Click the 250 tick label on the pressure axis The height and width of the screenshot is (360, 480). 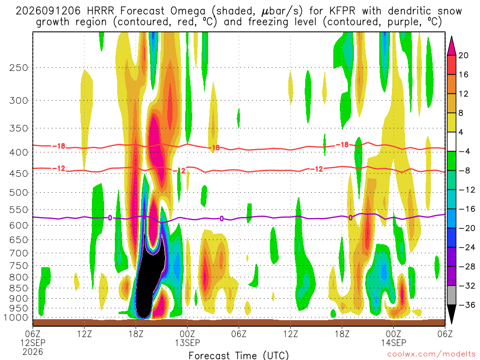(18, 67)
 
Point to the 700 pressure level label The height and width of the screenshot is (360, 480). (18, 253)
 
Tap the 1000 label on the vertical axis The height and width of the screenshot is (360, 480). (15, 318)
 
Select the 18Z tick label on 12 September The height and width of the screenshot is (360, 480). (135, 334)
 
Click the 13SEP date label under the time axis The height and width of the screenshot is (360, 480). (187, 343)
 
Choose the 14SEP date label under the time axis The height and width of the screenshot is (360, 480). (393, 343)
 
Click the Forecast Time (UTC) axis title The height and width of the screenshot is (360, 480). (239, 355)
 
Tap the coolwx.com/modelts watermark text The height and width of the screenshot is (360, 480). (431, 354)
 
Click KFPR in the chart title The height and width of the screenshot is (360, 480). (343, 11)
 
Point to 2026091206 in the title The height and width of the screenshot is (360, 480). (48, 11)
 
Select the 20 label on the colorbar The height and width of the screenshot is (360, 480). (463, 55)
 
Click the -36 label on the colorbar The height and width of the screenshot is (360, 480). (466, 305)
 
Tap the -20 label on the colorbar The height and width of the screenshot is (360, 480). (466, 228)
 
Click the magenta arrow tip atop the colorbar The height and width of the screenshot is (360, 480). (451, 37)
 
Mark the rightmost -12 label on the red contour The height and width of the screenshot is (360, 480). (316, 169)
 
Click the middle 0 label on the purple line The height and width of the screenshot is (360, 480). (222, 218)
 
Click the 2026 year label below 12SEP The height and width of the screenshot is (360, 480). (33, 352)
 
